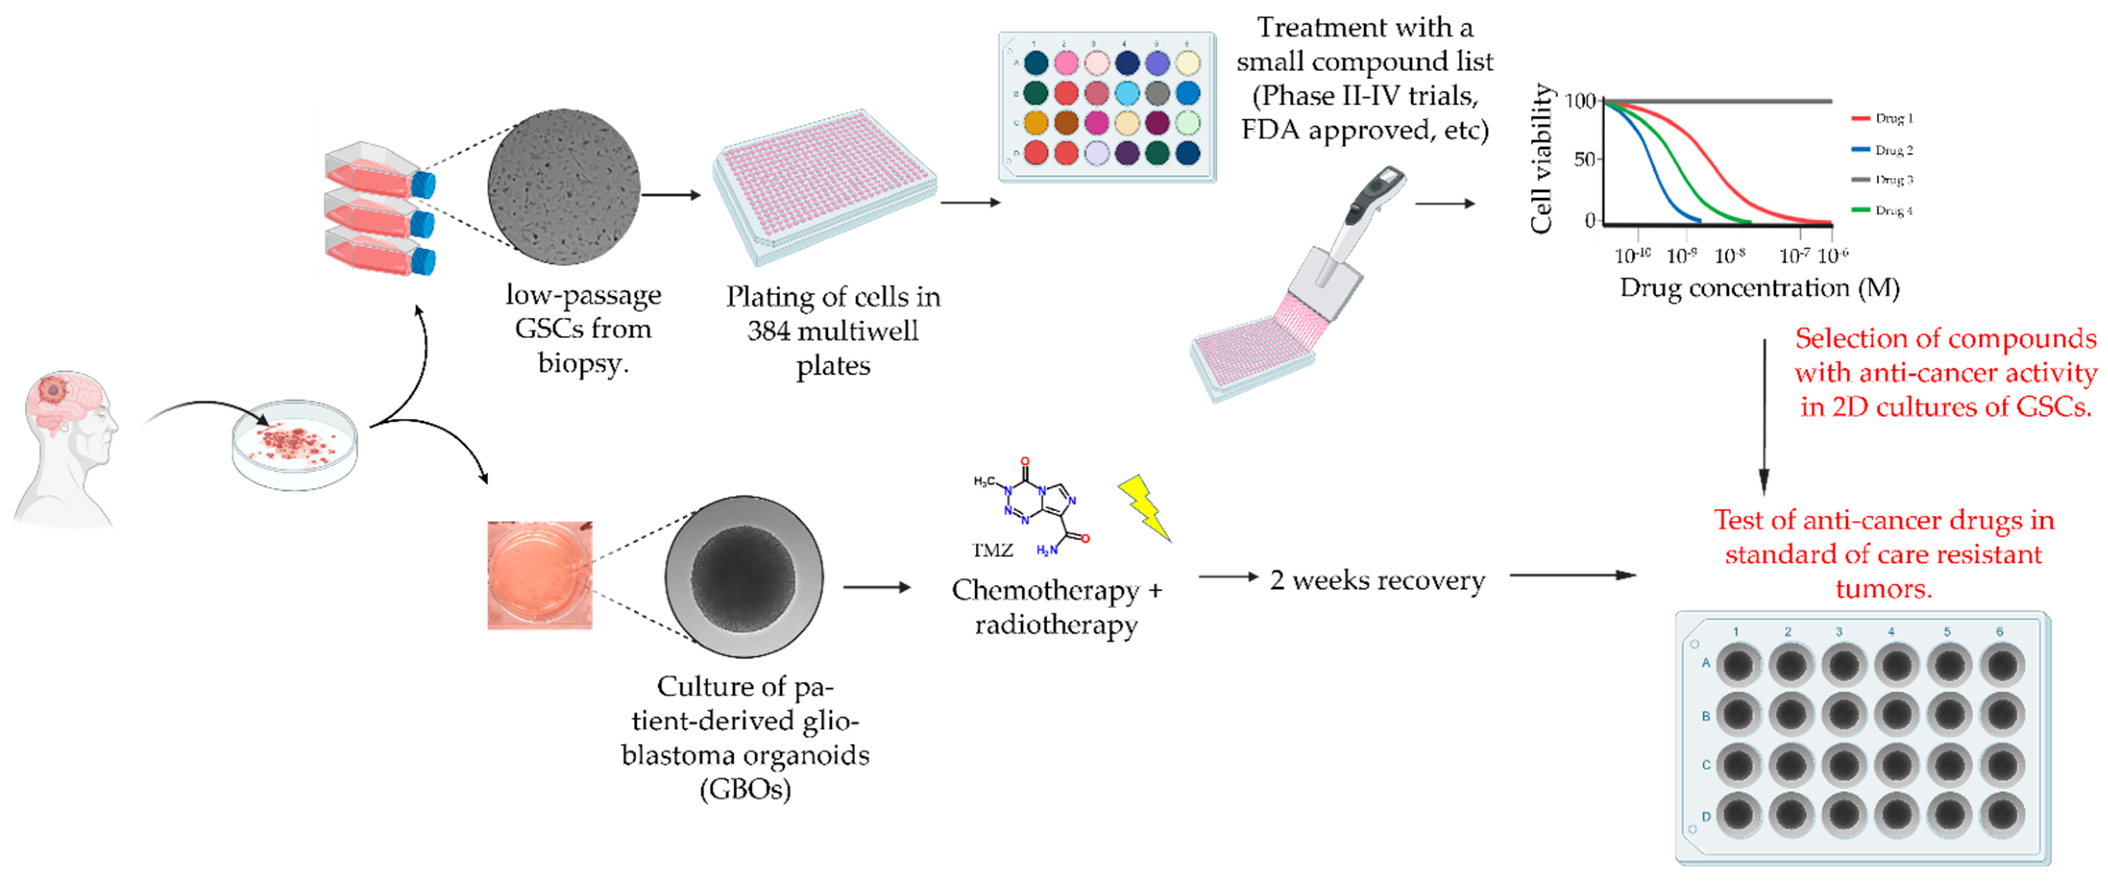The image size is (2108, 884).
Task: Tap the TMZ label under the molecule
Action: (x=992, y=550)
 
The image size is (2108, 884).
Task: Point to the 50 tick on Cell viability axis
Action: (x=1585, y=159)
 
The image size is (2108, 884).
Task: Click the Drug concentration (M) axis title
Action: (x=1759, y=288)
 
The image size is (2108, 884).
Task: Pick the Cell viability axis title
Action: (x=1542, y=159)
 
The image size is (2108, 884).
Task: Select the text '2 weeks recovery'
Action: (x=1377, y=580)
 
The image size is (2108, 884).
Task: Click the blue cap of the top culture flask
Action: (x=423, y=185)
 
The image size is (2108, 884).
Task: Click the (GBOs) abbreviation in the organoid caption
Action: (x=745, y=790)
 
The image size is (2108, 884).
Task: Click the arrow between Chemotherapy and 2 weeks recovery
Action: (x=1227, y=577)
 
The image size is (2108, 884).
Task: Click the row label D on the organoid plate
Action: (x=1706, y=816)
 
